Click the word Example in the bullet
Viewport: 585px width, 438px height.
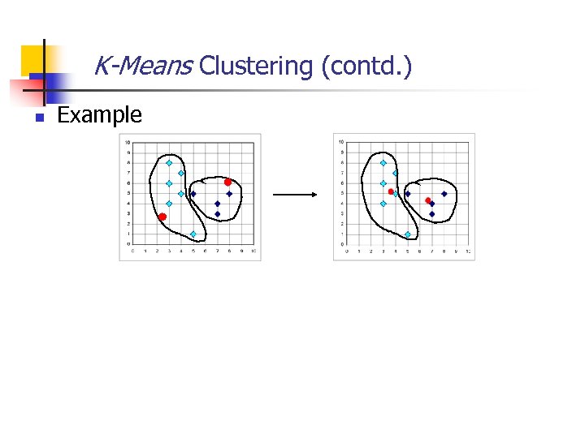coord(99,115)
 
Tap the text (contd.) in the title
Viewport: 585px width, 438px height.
coord(366,65)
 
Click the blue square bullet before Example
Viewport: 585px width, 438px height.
coord(38,118)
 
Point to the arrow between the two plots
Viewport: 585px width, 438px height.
coord(294,195)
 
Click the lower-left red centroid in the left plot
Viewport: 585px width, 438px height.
coord(162,217)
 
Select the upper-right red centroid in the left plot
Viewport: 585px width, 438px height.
coord(228,182)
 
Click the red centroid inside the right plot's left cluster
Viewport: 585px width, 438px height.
coord(391,191)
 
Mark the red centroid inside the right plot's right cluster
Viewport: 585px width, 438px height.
coord(428,200)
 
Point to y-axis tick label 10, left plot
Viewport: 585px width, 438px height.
coord(128,142)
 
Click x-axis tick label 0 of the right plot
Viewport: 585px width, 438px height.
coord(347,251)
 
